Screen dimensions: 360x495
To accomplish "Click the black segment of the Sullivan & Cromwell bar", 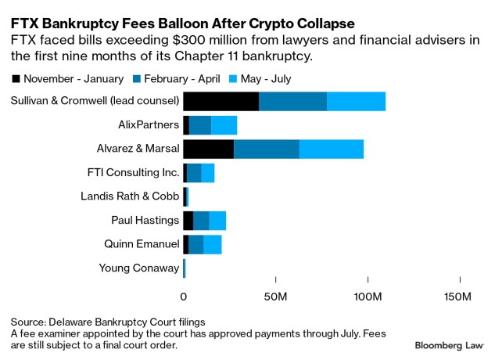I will click(x=221, y=101).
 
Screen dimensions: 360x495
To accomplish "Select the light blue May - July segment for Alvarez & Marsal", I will click(x=331, y=149).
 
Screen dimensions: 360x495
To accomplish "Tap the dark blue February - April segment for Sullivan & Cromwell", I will click(x=292, y=101).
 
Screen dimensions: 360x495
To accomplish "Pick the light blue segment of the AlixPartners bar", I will click(x=224, y=124).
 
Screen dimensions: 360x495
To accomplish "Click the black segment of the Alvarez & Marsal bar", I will click(x=208, y=149).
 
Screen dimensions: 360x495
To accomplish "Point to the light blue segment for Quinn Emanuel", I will click(x=212, y=244).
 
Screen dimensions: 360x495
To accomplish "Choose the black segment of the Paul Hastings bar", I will click(x=188, y=220).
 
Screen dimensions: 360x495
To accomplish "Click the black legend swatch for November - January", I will click(x=16, y=78).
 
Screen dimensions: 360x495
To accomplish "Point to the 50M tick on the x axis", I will click(x=275, y=297).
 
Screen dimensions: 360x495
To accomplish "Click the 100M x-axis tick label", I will click(x=367, y=297).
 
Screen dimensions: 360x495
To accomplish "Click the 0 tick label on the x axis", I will click(x=184, y=297).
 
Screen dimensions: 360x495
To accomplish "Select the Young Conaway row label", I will click(x=138, y=268).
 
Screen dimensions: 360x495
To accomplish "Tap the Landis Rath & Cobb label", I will click(x=130, y=196).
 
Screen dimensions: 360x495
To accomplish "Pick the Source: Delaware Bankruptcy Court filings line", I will click(x=108, y=322).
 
